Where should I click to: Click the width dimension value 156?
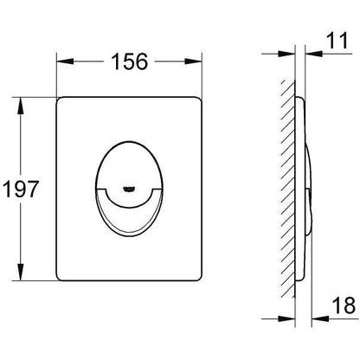pyautogui.click(x=130, y=61)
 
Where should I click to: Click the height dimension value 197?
pyautogui.click(x=21, y=189)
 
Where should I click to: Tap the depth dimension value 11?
pyautogui.click(x=337, y=41)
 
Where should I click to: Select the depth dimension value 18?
pyautogui.click(x=344, y=305)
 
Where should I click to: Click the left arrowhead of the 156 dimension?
pyautogui.click(x=65, y=61)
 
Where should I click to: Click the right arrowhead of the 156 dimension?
pyautogui.click(x=193, y=61)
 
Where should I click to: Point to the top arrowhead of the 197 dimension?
pyautogui.click(x=20, y=106)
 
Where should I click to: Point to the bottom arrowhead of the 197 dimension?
pyautogui.click(x=20, y=272)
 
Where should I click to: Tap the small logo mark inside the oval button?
pyautogui.click(x=129, y=189)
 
